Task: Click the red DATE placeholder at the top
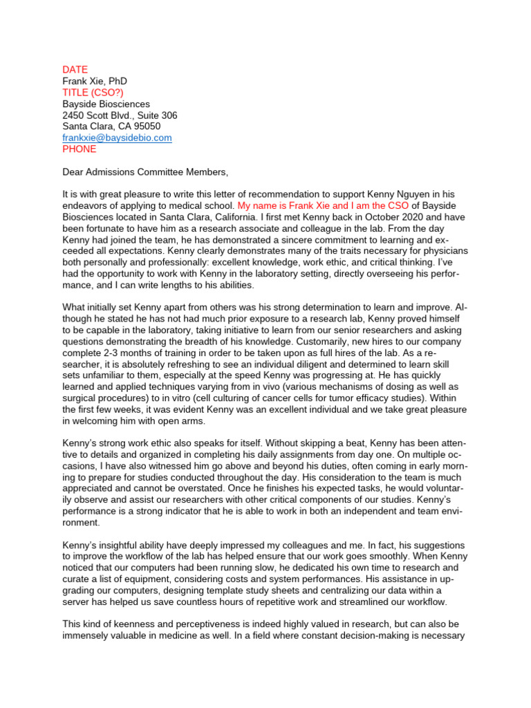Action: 75,70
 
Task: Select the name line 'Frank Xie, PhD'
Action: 95,82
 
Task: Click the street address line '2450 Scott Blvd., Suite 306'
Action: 120,115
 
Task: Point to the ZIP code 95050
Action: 146,127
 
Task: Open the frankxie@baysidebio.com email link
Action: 117,138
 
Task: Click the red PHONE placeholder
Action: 80,149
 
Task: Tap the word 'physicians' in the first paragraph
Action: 446,251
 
